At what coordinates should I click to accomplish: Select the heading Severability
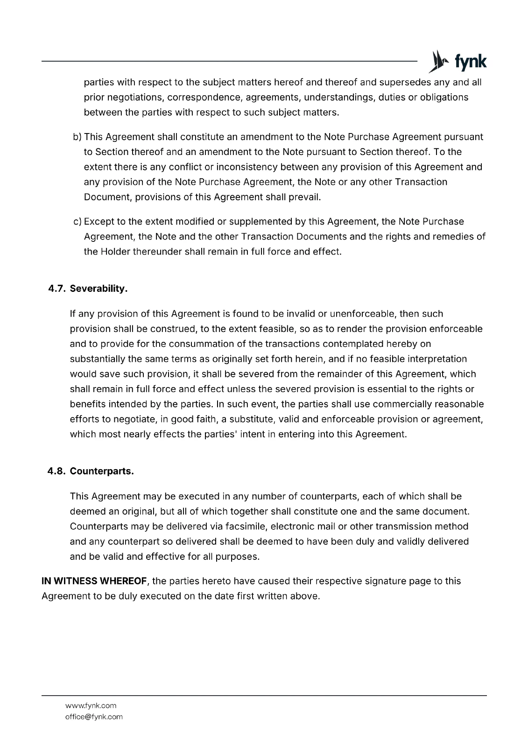(99, 289)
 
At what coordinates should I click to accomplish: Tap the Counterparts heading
(102, 471)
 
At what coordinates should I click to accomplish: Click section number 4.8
(56, 471)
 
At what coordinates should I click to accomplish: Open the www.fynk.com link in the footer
(91, 705)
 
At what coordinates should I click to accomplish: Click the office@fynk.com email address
(94, 717)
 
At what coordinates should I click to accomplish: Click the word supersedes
(405, 83)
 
